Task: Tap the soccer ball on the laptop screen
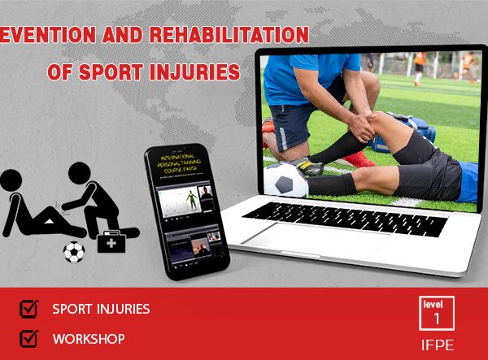click(285, 180)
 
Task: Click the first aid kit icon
click(111, 241)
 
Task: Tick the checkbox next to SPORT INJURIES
click(28, 309)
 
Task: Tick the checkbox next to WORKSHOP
click(28, 337)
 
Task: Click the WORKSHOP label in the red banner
click(88, 338)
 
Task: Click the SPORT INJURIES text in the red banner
click(101, 309)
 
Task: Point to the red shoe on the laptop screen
click(355, 158)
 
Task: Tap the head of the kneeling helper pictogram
click(80, 173)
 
